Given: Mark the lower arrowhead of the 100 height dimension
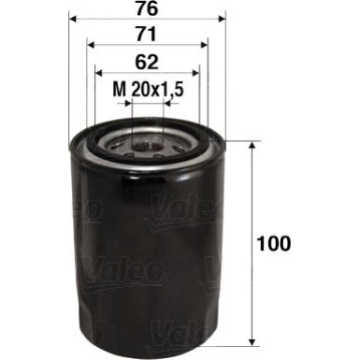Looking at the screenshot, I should click(254, 341).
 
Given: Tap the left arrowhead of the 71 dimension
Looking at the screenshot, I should click(90, 45).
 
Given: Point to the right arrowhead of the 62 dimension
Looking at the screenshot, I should click(199, 72).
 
